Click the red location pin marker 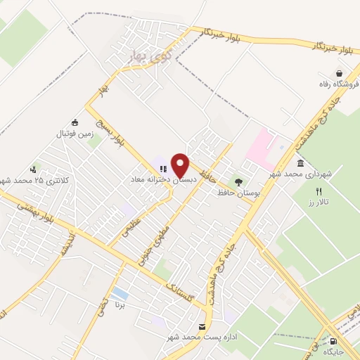(x=181, y=165)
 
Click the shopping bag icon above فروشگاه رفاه (x=340, y=73)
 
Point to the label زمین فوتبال (x=75, y=133)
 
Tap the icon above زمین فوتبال (x=75, y=122)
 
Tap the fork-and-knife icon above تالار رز (x=319, y=191)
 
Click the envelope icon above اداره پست (x=202, y=327)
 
